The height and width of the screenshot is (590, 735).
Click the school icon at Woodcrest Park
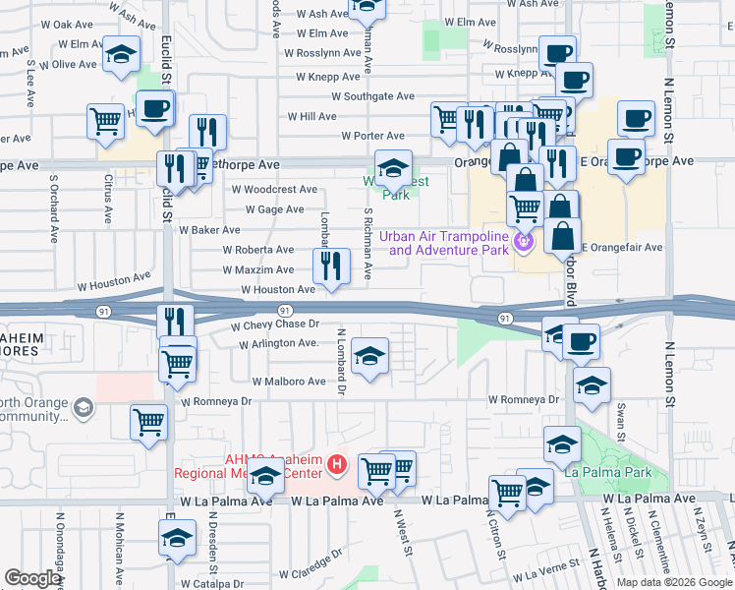click(x=392, y=169)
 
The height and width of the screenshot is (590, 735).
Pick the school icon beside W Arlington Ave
click(x=369, y=356)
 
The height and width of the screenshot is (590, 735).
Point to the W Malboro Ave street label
click(x=289, y=381)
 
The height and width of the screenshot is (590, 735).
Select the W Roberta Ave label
click(x=258, y=250)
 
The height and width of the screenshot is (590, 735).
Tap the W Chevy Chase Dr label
click(x=276, y=324)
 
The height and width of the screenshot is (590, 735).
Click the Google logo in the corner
click(x=32, y=578)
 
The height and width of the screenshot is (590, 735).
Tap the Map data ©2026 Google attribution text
click(x=674, y=582)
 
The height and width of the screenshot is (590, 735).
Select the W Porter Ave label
click(x=373, y=136)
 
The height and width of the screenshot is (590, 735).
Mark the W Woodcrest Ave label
click(x=274, y=189)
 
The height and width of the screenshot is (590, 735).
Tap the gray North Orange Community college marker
click(x=84, y=406)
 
